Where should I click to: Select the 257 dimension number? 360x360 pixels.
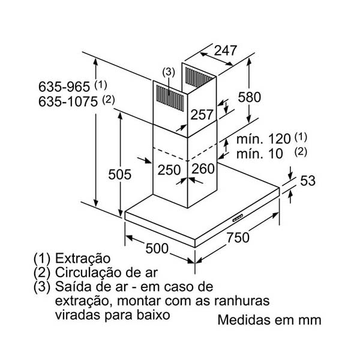coord(203,115)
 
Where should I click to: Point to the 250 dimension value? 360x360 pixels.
coord(169,170)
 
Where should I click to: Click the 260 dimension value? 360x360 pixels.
coord(203,170)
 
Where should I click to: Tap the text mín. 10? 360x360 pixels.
coord(258,154)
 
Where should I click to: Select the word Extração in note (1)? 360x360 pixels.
coord(83,259)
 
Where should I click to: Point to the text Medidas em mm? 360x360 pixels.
coord(269,320)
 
